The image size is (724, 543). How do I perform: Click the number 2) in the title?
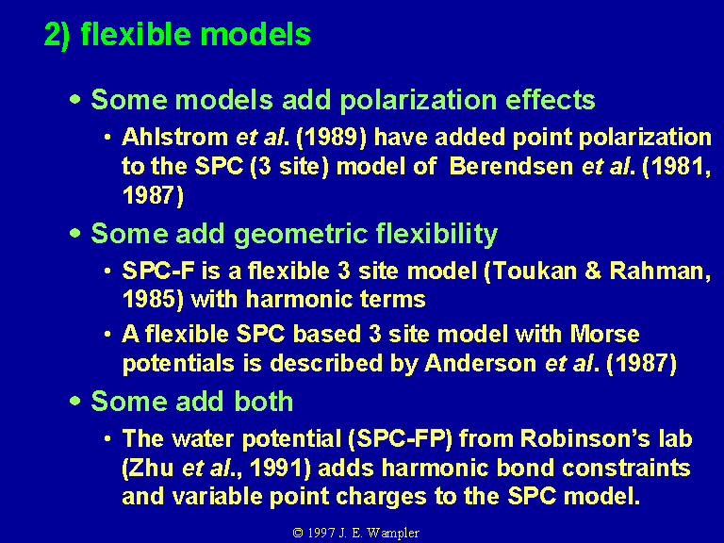click(x=58, y=35)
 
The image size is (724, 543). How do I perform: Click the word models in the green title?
click(x=255, y=34)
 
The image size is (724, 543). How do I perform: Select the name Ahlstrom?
click(x=174, y=137)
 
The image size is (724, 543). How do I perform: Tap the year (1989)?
click(x=331, y=138)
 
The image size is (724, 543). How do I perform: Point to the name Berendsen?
click(x=511, y=166)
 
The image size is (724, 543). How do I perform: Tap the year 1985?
click(x=150, y=299)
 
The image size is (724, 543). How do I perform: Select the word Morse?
click(x=605, y=334)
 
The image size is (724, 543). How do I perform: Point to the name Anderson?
click(x=480, y=363)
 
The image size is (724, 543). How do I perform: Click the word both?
click(x=264, y=401)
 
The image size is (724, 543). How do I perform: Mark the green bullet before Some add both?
click(x=74, y=401)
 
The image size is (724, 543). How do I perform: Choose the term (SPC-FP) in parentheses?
click(x=400, y=438)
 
